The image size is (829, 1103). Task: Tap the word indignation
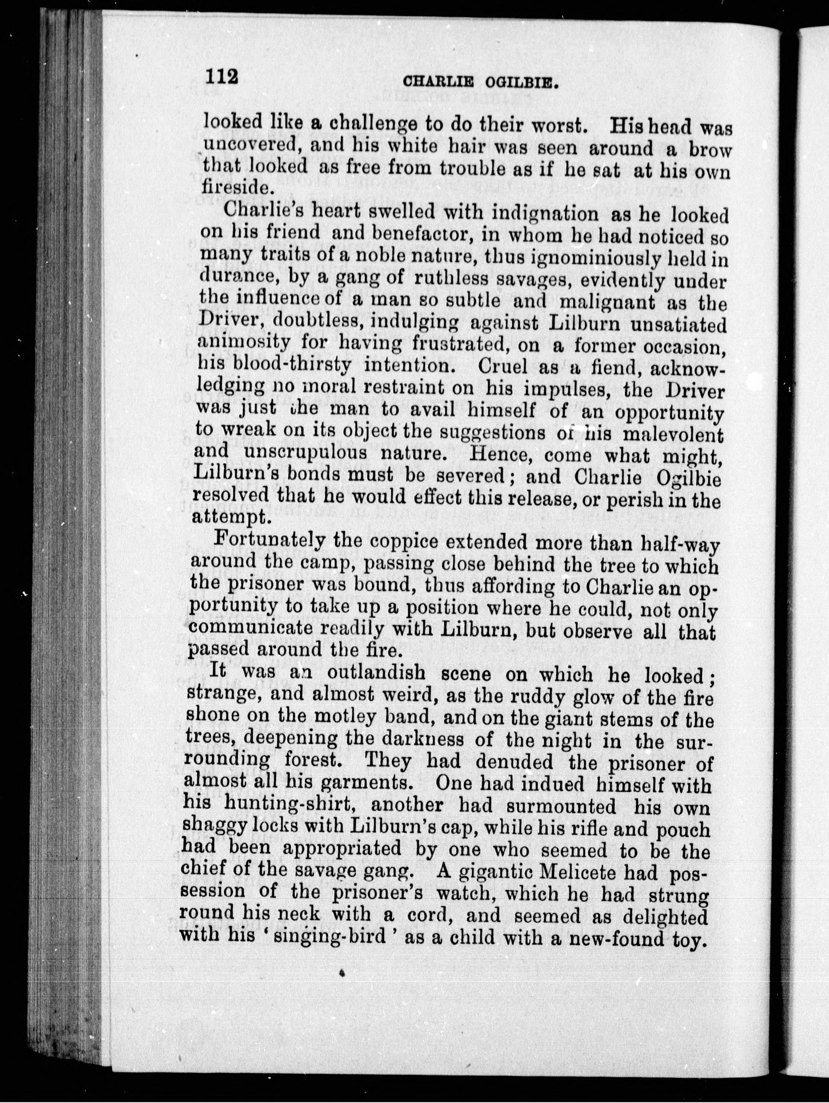[545, 213]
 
